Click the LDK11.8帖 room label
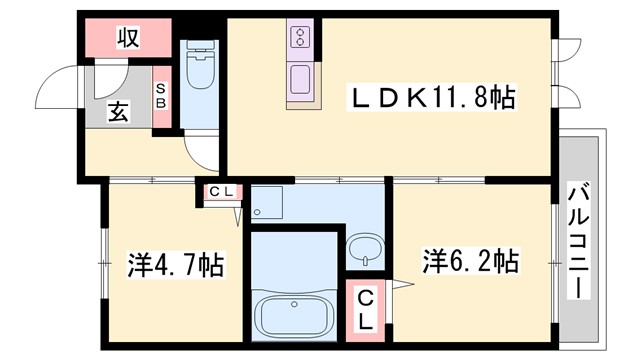click(432, 98)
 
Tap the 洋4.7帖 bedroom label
click(175, 266)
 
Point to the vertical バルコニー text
click(578, 240)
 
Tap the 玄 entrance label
click(118, 112)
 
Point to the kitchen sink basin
click(301, 77)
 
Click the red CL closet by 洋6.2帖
click(366, 309)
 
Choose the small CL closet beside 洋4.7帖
click(222, 192)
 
